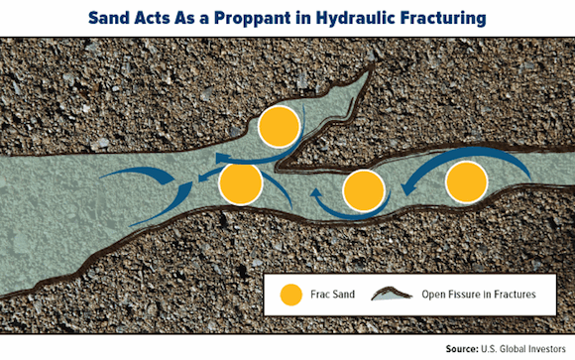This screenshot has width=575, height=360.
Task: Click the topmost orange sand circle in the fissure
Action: [x=279, y=126]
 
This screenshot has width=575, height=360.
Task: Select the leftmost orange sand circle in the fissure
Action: [x=241, y=183]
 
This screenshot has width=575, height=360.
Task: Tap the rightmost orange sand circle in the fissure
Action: [x=466, y=182]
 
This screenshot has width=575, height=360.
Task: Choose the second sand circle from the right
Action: [x=364, y=189]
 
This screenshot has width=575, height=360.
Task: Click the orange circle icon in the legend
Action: [x=291, y=294]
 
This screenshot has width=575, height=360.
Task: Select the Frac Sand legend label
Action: [x=334, y=295]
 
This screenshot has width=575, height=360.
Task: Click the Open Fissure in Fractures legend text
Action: [x=485, y=295]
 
